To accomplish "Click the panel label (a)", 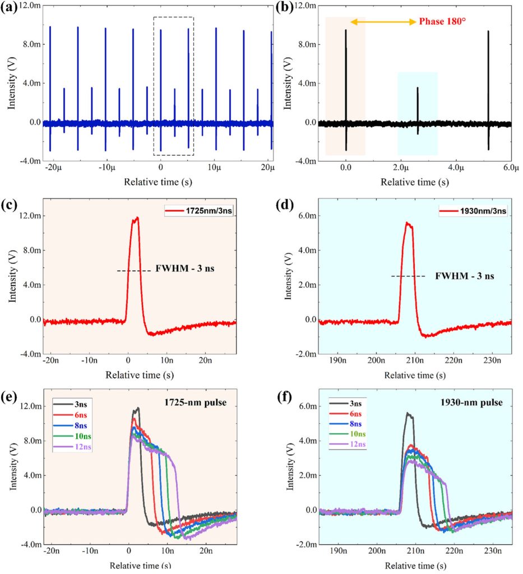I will (x=12, y=8).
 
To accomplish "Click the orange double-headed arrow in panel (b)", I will (x=383, y=22).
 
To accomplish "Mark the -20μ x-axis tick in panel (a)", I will (x=51, y=167).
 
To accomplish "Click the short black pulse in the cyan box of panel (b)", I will (x=418, y=109).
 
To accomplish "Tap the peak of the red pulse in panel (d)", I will (x=408, y=223).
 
